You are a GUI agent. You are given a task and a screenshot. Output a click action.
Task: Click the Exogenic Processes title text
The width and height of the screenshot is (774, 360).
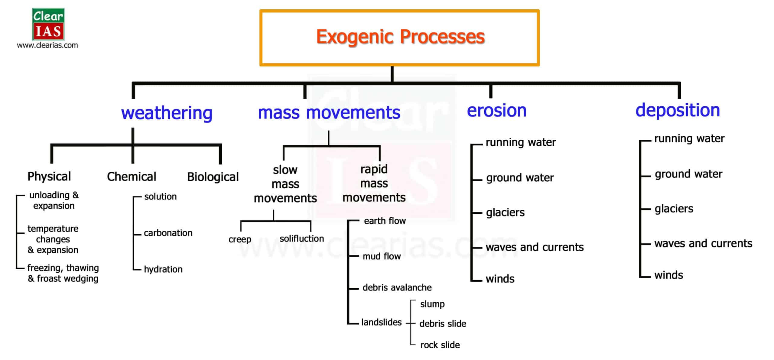(x=400, y=37)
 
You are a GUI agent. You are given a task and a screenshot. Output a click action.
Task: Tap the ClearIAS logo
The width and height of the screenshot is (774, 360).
(x=48, y=24)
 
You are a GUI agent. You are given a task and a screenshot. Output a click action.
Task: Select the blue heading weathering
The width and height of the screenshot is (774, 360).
(x=167, y=113)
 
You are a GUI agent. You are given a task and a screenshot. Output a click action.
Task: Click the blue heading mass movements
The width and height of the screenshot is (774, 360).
(x=329, y=112)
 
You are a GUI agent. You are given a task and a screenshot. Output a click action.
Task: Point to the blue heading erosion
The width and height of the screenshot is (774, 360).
(x=497, y=110)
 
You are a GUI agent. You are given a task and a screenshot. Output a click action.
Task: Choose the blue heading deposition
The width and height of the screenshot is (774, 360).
(x=678, y=111)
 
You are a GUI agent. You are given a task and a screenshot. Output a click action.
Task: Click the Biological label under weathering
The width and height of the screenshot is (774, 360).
(x=213, y=177)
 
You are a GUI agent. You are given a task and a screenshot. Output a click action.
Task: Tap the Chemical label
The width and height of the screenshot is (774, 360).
(x=132, y=177)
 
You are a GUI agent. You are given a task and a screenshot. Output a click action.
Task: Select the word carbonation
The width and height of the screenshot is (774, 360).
(x=168, y=233)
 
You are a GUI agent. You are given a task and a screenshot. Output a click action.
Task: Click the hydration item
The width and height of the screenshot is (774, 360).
(x=163, y=269)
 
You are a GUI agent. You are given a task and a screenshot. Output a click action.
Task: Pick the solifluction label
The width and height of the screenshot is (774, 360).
(x=302, y=238)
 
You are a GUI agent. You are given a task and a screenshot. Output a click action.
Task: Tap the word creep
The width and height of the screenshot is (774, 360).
(x=240, y=239)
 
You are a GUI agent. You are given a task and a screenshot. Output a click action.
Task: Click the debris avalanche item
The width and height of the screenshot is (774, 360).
(x=397, y=287)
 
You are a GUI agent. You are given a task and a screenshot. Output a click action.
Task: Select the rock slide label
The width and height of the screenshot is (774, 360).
(x=440, y=345)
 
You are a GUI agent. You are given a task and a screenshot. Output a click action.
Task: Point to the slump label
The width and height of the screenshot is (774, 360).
(x=432, y=304)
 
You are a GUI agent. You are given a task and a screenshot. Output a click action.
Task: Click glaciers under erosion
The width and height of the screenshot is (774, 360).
(x=505, y=212)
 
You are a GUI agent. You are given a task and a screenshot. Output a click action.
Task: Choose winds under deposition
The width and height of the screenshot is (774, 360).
(x=668, y=275)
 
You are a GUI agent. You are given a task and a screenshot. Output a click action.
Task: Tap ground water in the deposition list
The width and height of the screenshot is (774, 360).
(x=688, y=174)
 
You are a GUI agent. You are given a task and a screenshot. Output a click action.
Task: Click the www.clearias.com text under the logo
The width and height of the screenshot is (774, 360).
(x=47, y=45)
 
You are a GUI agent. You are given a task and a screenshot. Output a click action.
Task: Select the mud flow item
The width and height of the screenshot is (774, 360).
(x=382, y=256)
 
